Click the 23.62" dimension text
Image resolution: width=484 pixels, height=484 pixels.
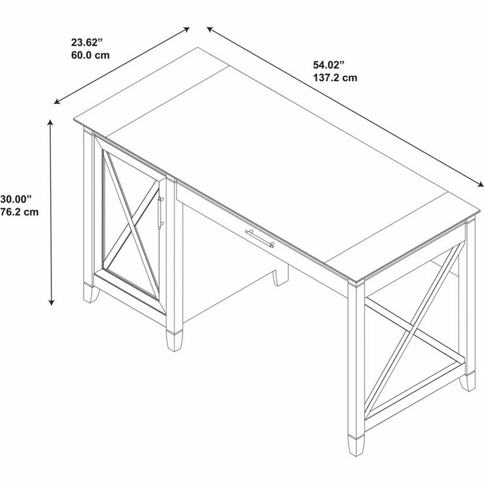87,42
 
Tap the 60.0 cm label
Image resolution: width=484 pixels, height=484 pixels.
90,55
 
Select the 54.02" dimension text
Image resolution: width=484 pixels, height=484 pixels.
329,65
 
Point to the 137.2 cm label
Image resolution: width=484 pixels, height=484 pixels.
335,78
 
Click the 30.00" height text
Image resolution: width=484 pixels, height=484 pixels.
16,199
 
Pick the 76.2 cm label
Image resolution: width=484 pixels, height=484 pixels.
19,212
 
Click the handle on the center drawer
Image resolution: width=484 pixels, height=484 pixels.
260,238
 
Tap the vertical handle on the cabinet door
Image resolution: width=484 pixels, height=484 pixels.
160,213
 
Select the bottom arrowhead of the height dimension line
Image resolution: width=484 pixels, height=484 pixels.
51,302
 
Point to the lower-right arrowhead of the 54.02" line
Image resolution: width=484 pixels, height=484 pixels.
480,185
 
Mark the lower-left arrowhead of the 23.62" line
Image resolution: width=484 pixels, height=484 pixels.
57,102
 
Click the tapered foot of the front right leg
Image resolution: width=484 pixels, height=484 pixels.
356,446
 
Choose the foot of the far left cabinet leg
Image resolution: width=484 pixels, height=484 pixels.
91,293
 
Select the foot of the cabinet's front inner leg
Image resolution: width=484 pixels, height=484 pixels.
174,341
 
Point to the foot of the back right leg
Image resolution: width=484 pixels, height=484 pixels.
467,382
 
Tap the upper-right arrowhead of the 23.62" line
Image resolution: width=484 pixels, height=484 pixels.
186,29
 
